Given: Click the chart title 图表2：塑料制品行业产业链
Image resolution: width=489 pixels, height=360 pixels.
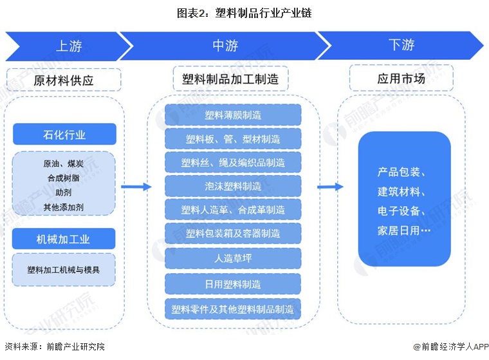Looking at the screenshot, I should (244, 13).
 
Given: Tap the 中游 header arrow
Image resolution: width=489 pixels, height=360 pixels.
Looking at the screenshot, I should (225, 46).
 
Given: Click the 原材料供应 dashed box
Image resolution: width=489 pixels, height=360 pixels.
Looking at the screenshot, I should (64, 81).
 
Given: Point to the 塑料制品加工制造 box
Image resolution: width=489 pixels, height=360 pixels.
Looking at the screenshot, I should (230, 79).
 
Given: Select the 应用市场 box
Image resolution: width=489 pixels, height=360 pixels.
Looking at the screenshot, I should (401, 79).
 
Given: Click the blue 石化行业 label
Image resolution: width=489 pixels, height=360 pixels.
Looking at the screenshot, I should (64, 135).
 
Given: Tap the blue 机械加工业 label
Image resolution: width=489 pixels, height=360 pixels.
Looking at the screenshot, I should (64, 239).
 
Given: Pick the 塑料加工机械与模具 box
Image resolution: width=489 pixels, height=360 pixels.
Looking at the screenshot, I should (64, 270).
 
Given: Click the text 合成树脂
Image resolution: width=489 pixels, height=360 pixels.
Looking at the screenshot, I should (64, 178).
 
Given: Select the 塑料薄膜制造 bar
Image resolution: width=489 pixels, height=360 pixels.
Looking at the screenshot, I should (233, 115).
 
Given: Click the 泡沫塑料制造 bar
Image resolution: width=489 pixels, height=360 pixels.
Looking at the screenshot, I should (233, 186).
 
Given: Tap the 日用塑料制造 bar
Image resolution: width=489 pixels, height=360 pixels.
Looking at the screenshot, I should (233, 284).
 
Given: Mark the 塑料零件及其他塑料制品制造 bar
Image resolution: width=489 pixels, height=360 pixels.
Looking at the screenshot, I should (233, 309).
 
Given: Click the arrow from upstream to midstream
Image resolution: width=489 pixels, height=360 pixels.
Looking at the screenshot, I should (136, 187).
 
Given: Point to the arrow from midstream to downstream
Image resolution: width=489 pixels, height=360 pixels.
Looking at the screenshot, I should (330, 187).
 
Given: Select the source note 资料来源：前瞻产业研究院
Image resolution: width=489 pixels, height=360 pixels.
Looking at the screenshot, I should (54, 346).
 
